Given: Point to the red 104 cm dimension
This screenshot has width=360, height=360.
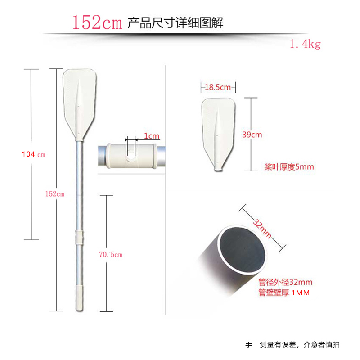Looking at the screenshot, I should (x=34, y=154).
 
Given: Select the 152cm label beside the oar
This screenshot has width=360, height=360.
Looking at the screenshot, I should (x=56, y=194).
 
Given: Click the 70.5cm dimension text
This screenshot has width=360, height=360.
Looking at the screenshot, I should (x=110, y=255).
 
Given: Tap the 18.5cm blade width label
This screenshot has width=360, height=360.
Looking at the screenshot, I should (x=218, y=87).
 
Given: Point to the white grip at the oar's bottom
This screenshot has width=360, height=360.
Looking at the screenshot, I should (x=80, y=295).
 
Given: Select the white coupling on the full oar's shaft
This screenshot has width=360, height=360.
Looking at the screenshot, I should (x=79, y=237).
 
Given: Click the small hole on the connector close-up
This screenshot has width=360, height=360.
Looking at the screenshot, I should (x=130, y=157).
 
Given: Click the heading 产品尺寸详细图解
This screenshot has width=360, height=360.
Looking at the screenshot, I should (x=175, y=22).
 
